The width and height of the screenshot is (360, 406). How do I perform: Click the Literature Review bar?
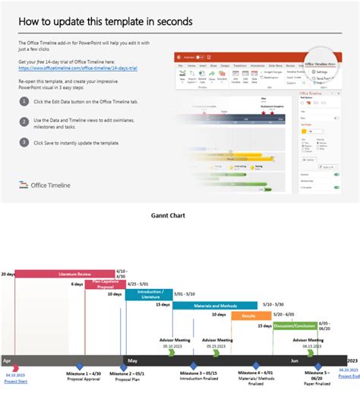pos(65,273)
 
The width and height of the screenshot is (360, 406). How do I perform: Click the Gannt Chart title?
pos(178,215)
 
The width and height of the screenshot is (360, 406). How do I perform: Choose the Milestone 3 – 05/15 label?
pos(199,373)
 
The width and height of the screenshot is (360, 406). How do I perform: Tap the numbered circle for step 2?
pos(24,121)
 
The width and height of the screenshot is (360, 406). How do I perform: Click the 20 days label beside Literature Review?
pos(8,273)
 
